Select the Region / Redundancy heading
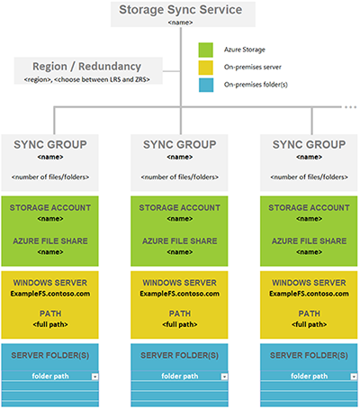coord(88,66)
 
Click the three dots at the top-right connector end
coord(351,106)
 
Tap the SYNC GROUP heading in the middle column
coord(178,142)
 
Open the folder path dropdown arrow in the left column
coord(94,376)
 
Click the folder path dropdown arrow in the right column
coord(351,376)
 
